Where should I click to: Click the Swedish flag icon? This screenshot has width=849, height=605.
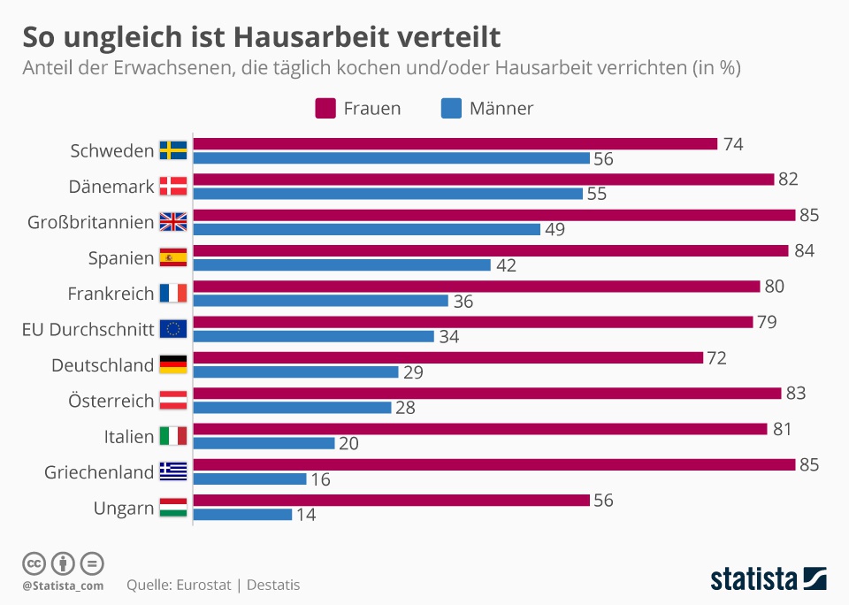(x=172, y=150)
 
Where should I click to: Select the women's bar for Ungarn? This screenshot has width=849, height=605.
(x=391, y=501)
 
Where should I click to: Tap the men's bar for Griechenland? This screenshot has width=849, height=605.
(x=249, y=479)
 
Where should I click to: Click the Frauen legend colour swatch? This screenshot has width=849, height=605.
(x=325, y=109)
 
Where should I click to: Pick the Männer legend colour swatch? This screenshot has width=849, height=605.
(x=451, y=109)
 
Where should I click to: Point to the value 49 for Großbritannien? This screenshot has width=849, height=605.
(x=555, y=230)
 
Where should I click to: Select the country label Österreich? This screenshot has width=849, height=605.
(x=111, y=401)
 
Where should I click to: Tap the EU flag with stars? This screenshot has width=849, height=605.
(x=172, y=329)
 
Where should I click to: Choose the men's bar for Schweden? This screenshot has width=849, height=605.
(x=391, y=158)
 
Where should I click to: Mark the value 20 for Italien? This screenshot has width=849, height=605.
(x=349, y=444)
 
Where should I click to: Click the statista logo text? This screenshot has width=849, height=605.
(x=753, y=579)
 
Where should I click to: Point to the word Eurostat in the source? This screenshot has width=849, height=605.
(x=203, y=585)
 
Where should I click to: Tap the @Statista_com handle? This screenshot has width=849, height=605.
(x=63, y=586)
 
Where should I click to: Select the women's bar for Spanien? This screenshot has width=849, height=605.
(x=490, y=250)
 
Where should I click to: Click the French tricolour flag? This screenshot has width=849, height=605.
(x=172, y=294)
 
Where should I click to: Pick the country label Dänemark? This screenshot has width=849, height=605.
(x=111, y=187)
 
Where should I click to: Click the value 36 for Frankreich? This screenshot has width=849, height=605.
(x=463, y=302)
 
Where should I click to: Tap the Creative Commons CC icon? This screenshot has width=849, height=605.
(x=34, y=563)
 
